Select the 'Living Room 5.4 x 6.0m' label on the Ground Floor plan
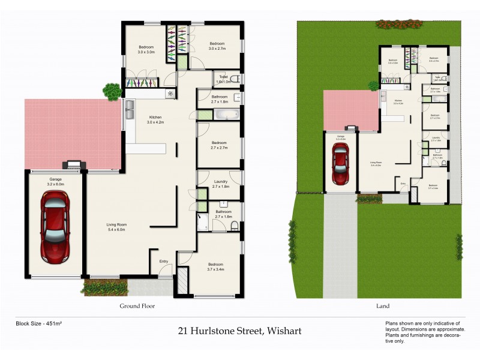(x=117, y=227)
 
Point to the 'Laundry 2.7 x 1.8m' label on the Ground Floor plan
(x=220, y=184)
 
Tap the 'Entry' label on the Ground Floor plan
(x=163, y=261)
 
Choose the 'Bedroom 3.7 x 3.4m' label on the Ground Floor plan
(x=215, y=267)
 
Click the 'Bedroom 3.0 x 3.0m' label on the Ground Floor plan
(x=146, y=50)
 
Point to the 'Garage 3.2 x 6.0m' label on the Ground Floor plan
(x=55, y=182)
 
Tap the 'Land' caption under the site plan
(x=382, y=305)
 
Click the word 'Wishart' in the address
(x=283, y=331)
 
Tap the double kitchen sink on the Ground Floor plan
(x=130, y=109)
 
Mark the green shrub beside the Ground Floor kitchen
(x=112, y=91)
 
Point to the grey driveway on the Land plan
(x=340, y=246)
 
